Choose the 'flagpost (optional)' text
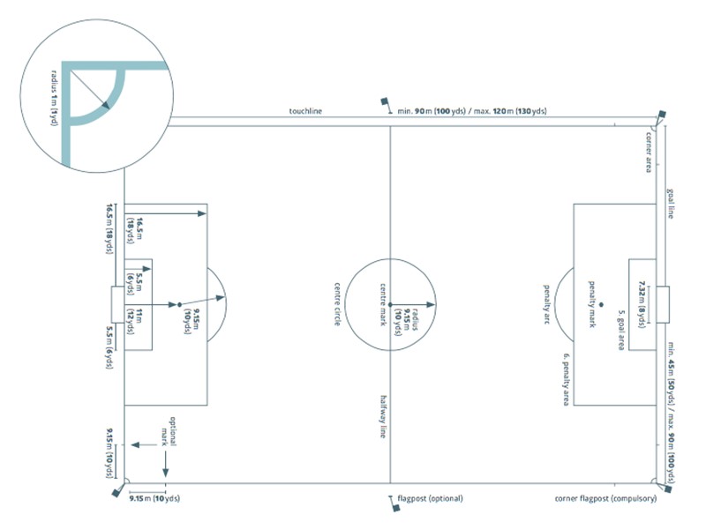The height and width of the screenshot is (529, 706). click(431, 499)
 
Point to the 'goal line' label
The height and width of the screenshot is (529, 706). click(671, 203)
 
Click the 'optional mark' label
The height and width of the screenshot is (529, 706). click(168, 429)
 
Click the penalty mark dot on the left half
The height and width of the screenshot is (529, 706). click(179, 304)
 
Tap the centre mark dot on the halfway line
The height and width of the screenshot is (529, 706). click(391, 303)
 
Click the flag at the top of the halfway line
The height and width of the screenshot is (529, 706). click(386, 104)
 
